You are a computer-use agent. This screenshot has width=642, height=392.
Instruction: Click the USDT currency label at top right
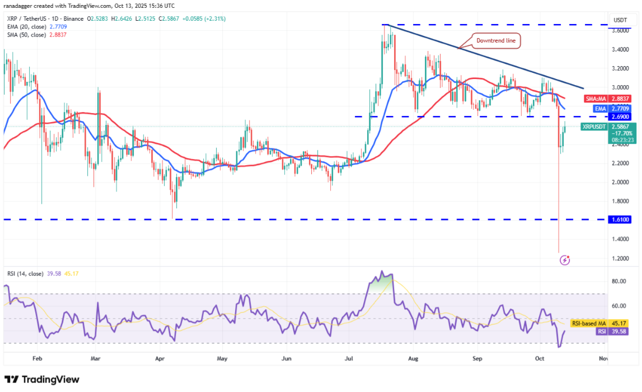tap(619, 20)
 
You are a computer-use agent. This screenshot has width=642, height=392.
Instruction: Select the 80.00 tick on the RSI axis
tap(618, 282)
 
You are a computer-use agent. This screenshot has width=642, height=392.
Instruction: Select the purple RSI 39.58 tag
tap(608, 332)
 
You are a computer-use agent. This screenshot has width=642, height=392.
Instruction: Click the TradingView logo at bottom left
tap(42, 379)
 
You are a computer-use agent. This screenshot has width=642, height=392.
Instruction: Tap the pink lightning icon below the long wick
tap(565, 260)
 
